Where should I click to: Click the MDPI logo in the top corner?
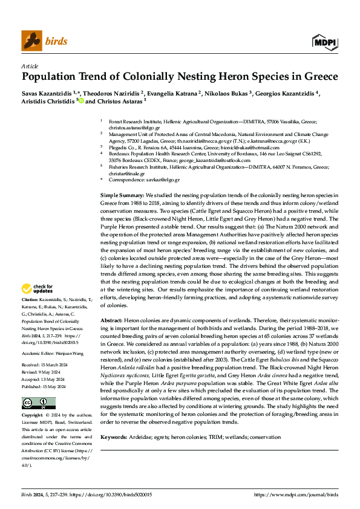pos(325,42)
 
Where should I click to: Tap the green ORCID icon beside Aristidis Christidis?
pos(80,102)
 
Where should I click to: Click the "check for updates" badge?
pos(39,288)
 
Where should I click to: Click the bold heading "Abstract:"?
pos(111,319)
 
